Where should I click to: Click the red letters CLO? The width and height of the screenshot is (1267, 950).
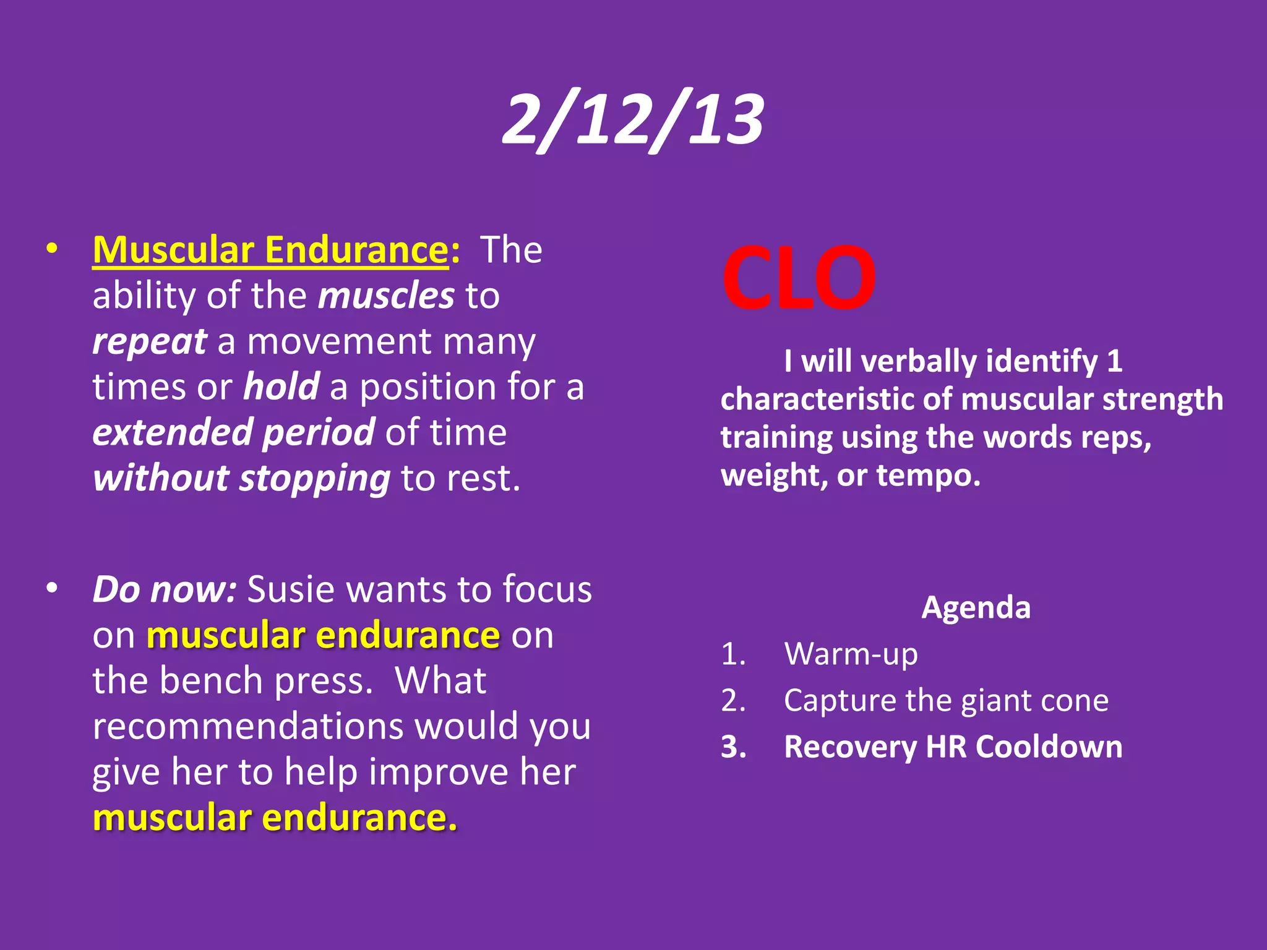798,278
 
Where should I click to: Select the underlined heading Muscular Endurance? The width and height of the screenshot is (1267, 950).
270,250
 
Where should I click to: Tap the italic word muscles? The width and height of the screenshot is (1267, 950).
386,296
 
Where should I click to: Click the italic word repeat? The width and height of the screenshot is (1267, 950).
149,341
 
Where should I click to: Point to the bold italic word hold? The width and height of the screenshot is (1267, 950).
281,387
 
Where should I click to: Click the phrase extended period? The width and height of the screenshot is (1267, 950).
233,432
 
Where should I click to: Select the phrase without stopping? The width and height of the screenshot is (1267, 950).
241,478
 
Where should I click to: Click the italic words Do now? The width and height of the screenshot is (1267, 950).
164,589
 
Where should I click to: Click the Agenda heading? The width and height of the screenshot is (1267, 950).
976,607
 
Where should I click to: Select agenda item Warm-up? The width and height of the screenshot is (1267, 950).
851,654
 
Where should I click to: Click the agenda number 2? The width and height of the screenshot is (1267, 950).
732,701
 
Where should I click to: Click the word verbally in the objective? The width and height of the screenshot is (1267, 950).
917,361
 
